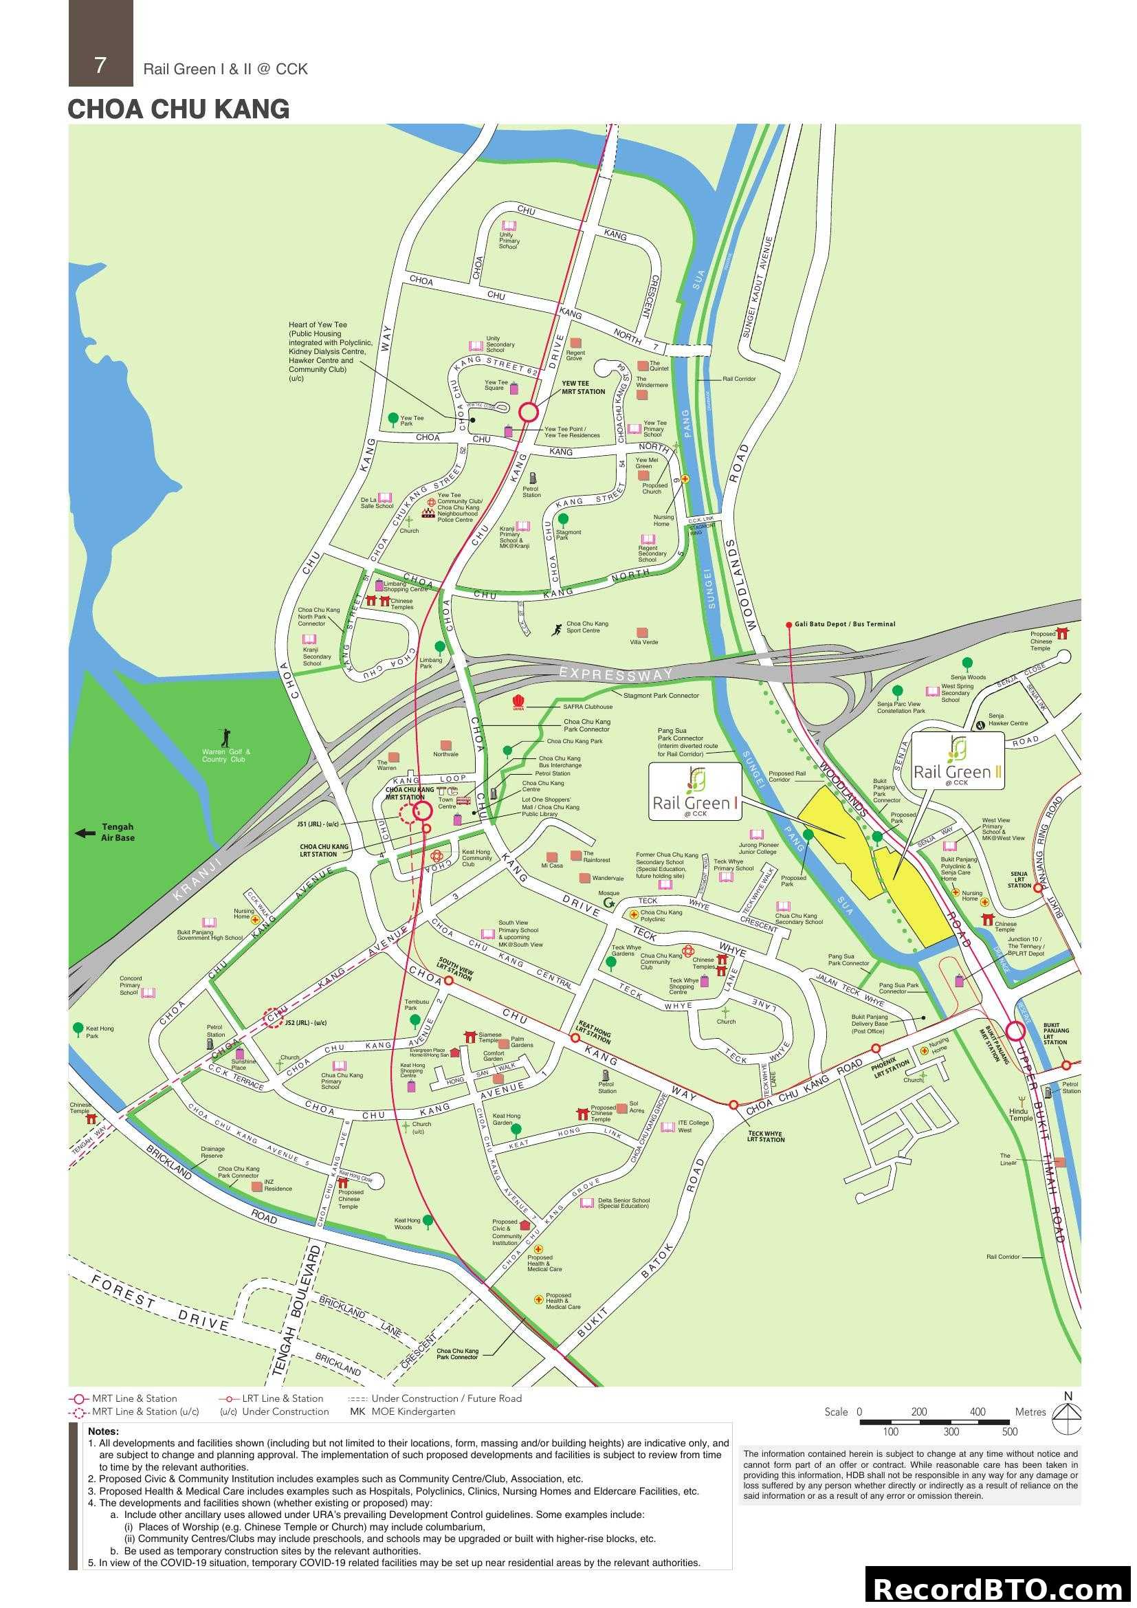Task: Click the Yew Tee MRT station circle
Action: click(529, 412)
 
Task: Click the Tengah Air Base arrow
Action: click(85, 833)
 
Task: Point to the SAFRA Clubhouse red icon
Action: click(519, 702)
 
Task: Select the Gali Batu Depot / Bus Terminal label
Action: click(844, 624)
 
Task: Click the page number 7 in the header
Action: click(100, 65)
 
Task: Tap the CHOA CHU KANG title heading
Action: click(179, 109)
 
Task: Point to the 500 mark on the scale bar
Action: click(1009, 1431)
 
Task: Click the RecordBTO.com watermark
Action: click(999, 1588)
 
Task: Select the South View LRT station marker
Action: click(448, 980)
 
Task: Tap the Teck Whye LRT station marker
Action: click(733, 1105)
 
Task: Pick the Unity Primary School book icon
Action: click(509, 226)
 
